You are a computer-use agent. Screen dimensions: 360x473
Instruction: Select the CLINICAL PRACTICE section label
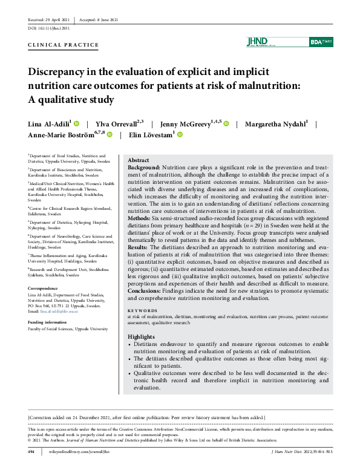[64, 45]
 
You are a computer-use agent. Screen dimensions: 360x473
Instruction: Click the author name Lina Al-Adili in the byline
[48, 124]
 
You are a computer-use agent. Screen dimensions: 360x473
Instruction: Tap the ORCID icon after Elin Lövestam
[180, 135]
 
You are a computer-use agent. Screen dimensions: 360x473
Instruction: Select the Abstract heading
[139, 160]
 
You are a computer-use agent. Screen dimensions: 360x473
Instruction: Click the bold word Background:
[144, 167]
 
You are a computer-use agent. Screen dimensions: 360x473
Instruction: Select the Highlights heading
[142, 336]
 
